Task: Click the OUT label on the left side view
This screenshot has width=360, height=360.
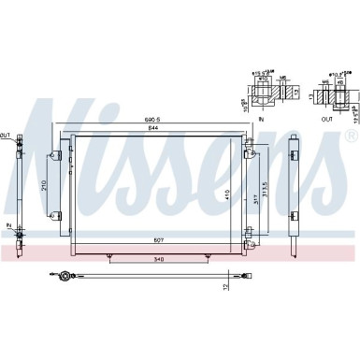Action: [5, 137]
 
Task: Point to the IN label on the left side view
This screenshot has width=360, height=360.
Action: [7, 226]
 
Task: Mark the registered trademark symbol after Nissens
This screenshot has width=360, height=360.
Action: [351, 137]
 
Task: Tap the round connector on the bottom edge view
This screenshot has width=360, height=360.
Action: [65, 277]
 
